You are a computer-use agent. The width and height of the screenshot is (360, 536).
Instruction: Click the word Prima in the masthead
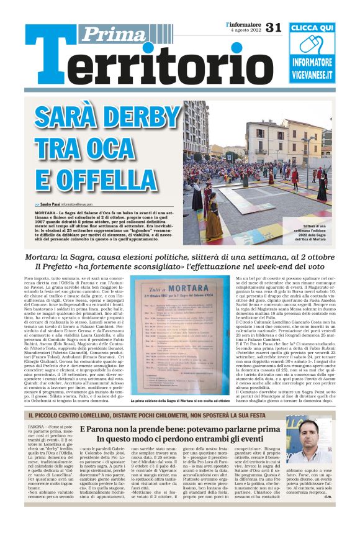coord(112,34)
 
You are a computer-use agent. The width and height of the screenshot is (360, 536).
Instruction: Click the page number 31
coord(274,27)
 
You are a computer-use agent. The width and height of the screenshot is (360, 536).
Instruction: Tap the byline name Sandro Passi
coord(47,204)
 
